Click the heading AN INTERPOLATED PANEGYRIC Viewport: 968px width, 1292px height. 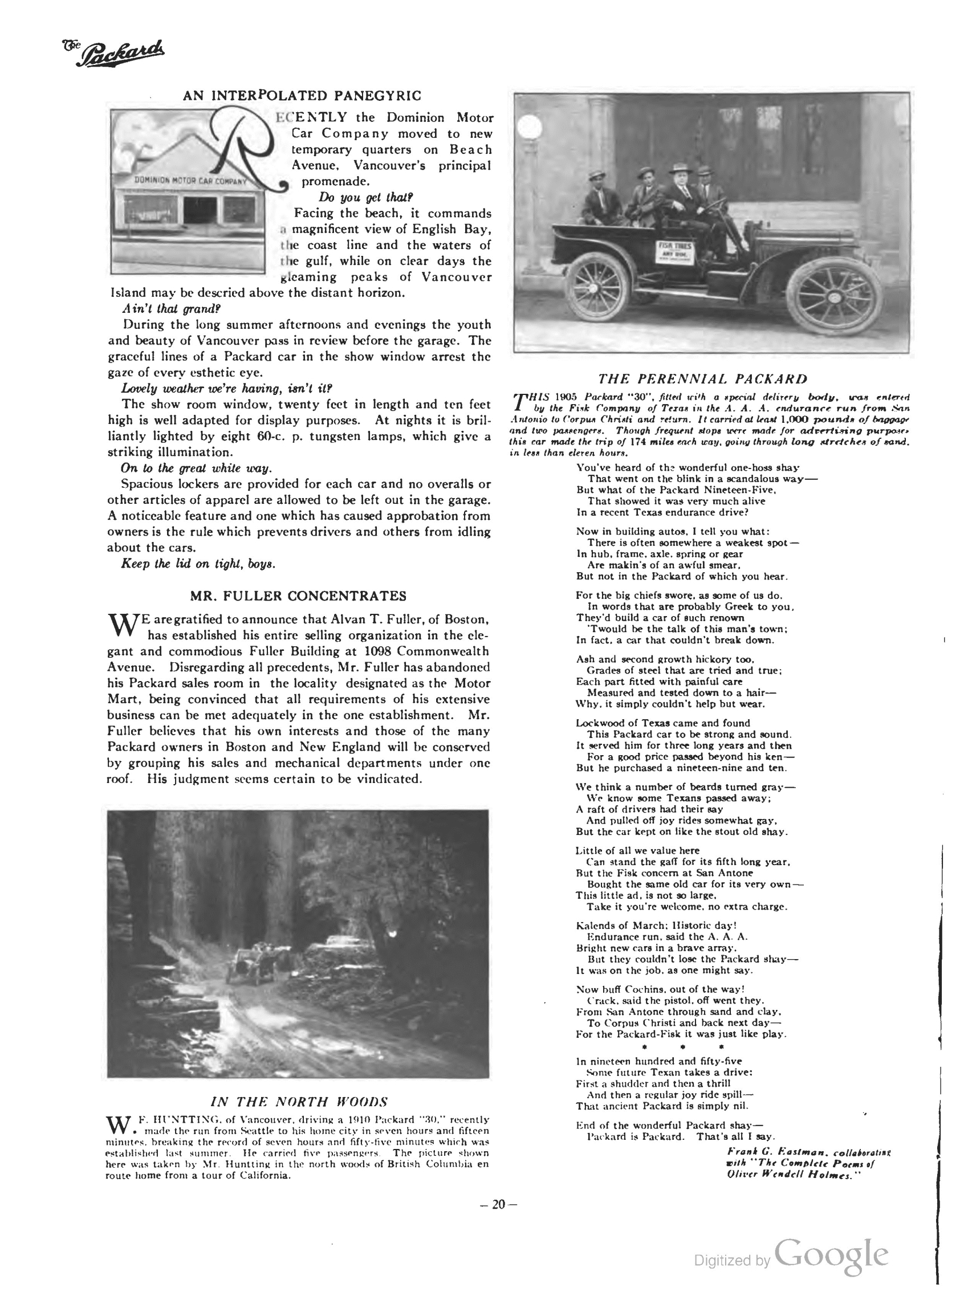(302, 96)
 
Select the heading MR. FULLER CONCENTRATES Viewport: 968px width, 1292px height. (298, 596)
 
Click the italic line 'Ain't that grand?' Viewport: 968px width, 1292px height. (171, 308)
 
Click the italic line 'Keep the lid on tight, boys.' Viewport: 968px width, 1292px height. (197, 564)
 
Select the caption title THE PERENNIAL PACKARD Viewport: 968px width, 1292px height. (703, 379)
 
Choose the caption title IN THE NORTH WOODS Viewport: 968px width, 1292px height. (299, 1102)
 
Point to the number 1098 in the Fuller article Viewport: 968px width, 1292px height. (382, 651)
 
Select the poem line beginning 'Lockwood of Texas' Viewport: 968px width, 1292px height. (662, 723)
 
